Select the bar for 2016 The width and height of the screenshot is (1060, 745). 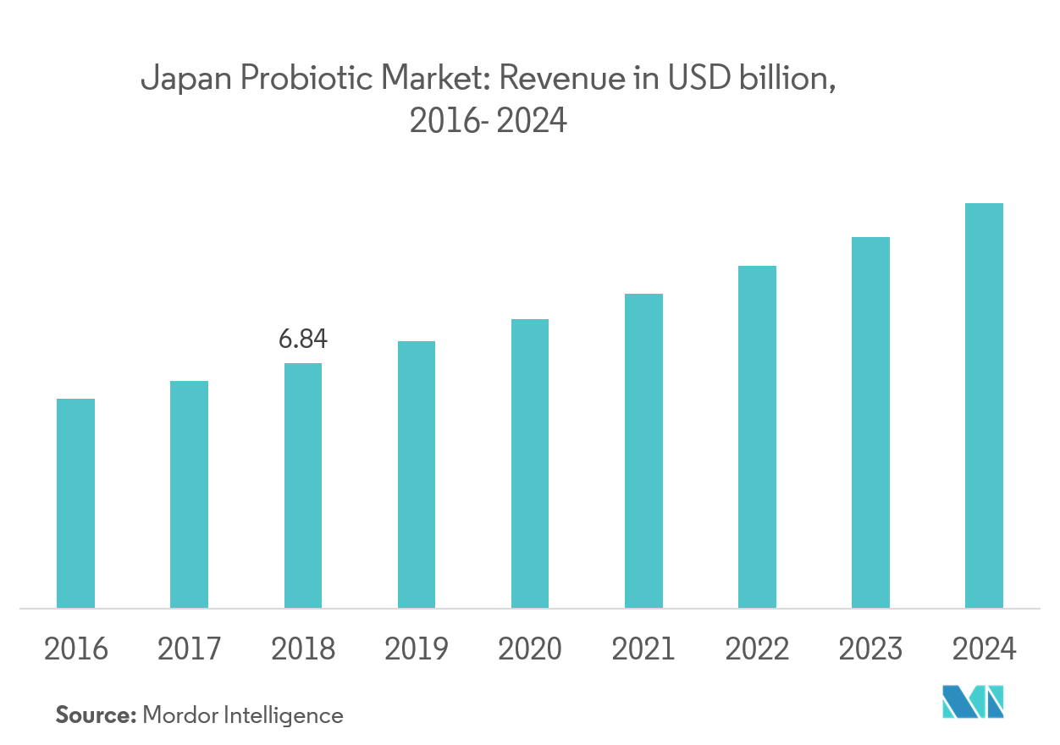coord(75,503)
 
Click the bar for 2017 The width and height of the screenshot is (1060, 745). coord(189,494)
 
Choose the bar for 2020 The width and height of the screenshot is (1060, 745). coord(529,463)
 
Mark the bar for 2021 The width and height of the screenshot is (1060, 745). coord(643,450)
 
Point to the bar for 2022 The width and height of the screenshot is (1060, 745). coord(757,437)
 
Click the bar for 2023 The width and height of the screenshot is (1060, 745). coord(870,422)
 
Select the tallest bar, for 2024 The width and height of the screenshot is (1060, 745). coord(984,406)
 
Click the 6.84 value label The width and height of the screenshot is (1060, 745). coord(302,339)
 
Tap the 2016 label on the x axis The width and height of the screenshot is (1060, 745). coord(75,649)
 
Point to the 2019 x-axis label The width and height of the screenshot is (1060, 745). coord(416,649)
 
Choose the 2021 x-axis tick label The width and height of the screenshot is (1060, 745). coord(643,649)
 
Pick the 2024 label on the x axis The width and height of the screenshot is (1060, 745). coord(984,649)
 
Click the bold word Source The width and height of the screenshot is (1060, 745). coord(96,715)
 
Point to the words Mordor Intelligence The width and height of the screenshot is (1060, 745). coord(243,715)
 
